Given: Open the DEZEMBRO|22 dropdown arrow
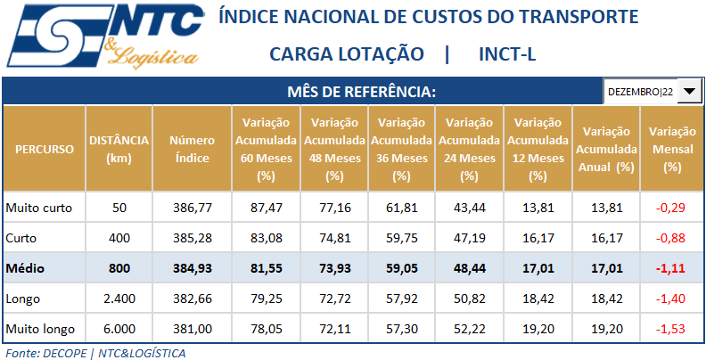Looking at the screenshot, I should coord(692,92).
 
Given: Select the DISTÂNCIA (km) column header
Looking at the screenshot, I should coord(119,149).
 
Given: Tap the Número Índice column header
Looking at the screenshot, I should coord(192,149).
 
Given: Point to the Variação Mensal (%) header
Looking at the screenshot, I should coord(673,149).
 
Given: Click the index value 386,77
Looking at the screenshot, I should coord(192,208).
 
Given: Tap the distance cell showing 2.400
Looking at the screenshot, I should coord(119,298).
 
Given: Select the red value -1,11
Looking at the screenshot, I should coord(673,267).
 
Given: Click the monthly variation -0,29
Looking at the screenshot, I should coord(673,208).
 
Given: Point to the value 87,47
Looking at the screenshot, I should coord(265,208).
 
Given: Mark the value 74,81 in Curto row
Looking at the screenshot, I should coord(334,238).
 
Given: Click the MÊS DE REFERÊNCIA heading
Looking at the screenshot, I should coord(361,92).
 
